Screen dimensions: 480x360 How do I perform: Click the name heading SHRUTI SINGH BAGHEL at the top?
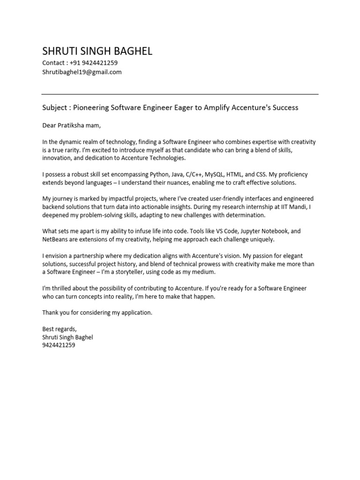click(x=97, y=51)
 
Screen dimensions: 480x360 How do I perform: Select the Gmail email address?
click(x=82, y=72)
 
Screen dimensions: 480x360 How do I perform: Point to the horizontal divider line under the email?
click(x=180, y=94)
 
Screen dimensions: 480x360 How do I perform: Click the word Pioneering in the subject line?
click(x=91, y=108)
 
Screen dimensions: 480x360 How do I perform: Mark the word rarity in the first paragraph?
click(x=69, y=150)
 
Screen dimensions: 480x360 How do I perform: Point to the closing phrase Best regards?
click(x=59, y=329)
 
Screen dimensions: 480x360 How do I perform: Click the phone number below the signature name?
click(x=59, y=345)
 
